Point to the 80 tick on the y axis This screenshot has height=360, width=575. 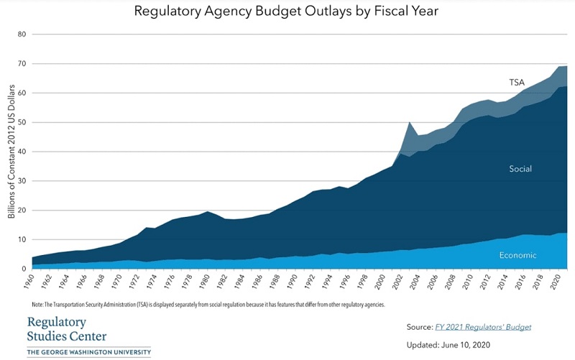[x=22, y=34]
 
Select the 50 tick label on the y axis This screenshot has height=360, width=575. [x=22, y=122]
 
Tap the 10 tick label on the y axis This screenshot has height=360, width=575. [x=22, y=239]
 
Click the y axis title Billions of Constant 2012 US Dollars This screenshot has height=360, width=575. [x=10, y=152]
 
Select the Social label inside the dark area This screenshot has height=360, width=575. [x=519, y=169]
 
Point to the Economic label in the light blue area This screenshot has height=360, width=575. [x=517, y=255]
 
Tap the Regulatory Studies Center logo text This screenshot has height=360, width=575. [x=66, y=329]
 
